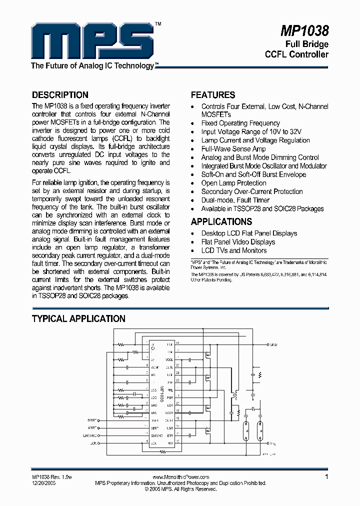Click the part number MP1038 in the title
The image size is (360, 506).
pos(304,31)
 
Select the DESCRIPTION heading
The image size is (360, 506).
pos(60,95)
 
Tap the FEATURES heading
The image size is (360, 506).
pos(213,95)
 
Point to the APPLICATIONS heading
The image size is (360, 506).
pos(221,221)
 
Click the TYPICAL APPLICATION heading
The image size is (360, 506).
pos(78,319)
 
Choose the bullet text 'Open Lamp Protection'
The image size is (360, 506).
pos(233,183)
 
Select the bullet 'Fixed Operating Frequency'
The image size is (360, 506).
pos(240,123)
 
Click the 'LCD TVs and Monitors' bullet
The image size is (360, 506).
pos(234,250)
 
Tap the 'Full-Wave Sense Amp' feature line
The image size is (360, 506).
pos(233,149)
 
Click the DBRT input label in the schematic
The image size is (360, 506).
pos(92,421)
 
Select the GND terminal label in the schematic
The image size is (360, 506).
pos(273,345)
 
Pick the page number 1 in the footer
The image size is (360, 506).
pos(326,477)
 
